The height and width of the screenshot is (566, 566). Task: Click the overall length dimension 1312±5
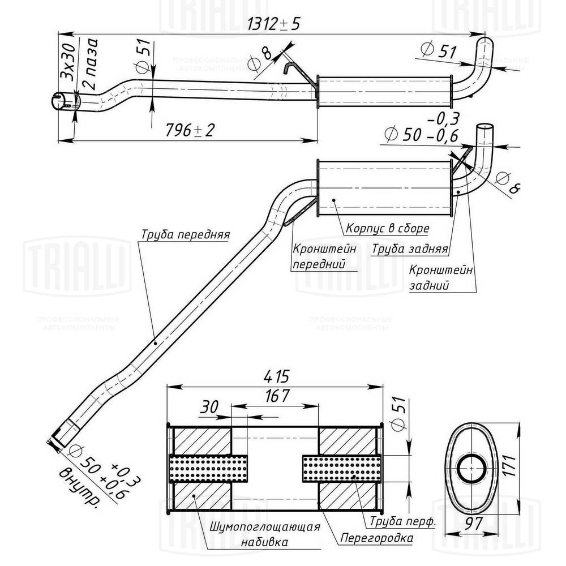(275, 24)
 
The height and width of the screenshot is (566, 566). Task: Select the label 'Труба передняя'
(185, 234)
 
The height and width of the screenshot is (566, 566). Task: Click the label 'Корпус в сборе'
(385, 229)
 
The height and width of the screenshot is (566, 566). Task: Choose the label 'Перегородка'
(376, 538)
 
